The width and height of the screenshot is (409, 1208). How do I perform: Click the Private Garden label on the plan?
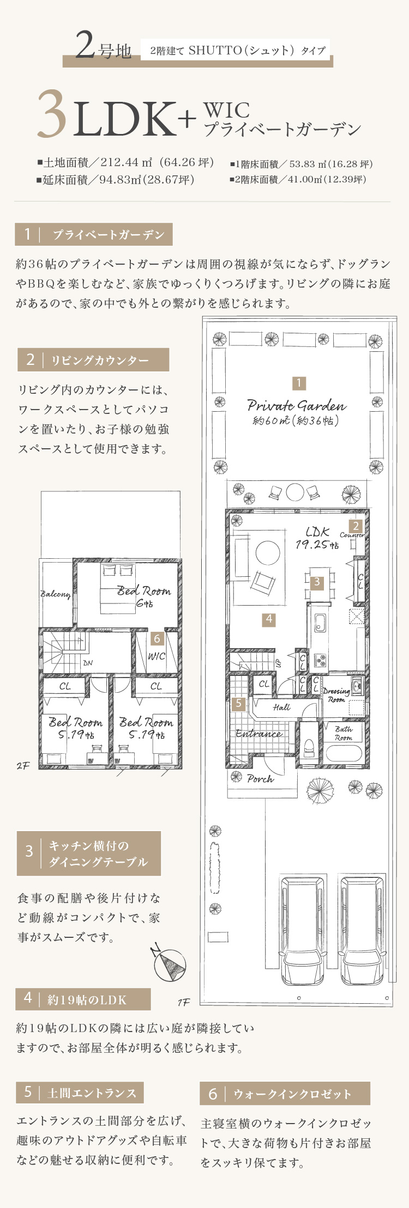pyautogui.click(x=297, y=405)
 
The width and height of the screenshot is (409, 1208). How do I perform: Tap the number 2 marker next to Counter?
pyautogui.click(x=356, y=526)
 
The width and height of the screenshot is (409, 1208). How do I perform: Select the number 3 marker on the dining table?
pyautogui.click(x=317, y=582)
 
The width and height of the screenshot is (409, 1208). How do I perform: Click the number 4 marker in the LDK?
pyautogui.click(x=268, y=619)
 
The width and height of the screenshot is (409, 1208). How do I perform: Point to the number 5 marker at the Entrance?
pyautogui.click(x=239, y=704)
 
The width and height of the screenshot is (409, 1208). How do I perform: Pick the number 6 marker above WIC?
pyautogui.click(x=157, y=638)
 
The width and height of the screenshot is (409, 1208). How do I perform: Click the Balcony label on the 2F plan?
pyautogui.click(x=56, y=594)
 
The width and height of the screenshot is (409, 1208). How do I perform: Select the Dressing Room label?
pyautogui.click(x=336, y=695)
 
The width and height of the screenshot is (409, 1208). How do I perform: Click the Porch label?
pyautogui.click(x=260, y=779)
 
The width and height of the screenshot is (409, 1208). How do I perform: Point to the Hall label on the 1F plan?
pyautogui.click(x=281, y=707)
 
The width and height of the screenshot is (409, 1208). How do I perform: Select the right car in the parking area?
pyautogui.click(x=362, y=931)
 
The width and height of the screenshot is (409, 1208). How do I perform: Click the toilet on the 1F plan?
pyautogui.click(x=309, y=748)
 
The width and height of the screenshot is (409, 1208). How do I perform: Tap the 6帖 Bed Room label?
pyautogui.click(x=144, y=596)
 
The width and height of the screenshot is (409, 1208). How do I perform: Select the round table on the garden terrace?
pyautogui.click(x=294, y=492)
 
